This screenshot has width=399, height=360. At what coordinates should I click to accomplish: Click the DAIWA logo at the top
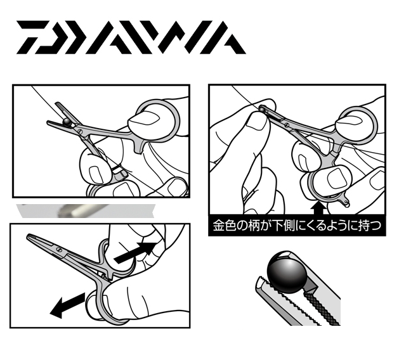point(131,37)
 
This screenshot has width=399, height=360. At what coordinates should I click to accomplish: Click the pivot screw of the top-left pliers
point(79,131)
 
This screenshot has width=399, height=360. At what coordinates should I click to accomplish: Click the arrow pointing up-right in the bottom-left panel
point(136,252)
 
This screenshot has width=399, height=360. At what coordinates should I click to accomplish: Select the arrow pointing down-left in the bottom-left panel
point(67,305)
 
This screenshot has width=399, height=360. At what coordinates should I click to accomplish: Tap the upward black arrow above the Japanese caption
point(318,208)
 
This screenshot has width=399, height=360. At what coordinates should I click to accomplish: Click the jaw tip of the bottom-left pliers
point(29,236)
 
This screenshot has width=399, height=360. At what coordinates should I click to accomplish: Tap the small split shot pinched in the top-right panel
point(262,109)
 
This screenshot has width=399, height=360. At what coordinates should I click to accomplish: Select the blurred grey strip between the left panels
point(86,211)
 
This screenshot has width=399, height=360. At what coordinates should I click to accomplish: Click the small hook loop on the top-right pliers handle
point(345,203)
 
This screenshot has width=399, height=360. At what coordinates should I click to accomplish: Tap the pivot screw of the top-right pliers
point(287,125)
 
